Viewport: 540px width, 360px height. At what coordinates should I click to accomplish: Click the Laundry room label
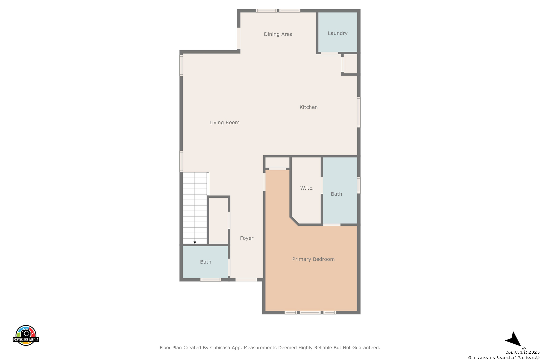(337, 33)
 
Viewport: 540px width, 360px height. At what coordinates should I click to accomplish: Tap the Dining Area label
(278, 34)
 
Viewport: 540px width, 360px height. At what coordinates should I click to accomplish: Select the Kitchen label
(308, 107)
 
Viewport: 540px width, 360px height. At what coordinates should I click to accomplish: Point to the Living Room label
(224, 122)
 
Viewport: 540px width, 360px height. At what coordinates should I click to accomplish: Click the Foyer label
(247, 238)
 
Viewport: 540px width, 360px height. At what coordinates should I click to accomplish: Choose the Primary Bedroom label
(313, 259)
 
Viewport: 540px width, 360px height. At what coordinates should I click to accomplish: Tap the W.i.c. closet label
(307, 188)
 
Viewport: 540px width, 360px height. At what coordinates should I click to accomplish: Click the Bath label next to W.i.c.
(336, 194)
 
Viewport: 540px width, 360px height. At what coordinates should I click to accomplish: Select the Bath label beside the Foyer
(205, 262)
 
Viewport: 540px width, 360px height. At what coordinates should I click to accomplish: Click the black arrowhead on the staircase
(195, 242)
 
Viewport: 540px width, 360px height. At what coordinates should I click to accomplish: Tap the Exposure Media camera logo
(26, 335)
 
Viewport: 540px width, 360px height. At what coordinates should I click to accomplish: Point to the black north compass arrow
(513, 339)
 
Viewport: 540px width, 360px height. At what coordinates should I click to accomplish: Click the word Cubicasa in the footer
(220, 347)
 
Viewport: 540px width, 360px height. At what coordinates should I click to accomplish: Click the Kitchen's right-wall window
(359, 112)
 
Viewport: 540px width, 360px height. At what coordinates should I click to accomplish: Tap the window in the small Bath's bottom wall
(211, 280)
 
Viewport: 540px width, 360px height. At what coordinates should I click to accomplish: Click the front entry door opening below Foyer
(246, 280)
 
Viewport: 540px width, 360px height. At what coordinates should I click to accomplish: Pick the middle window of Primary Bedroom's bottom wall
(310, 313)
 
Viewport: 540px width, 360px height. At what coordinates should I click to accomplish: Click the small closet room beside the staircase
(218, 221)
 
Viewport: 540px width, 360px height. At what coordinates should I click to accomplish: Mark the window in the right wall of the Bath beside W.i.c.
(359, 185)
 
